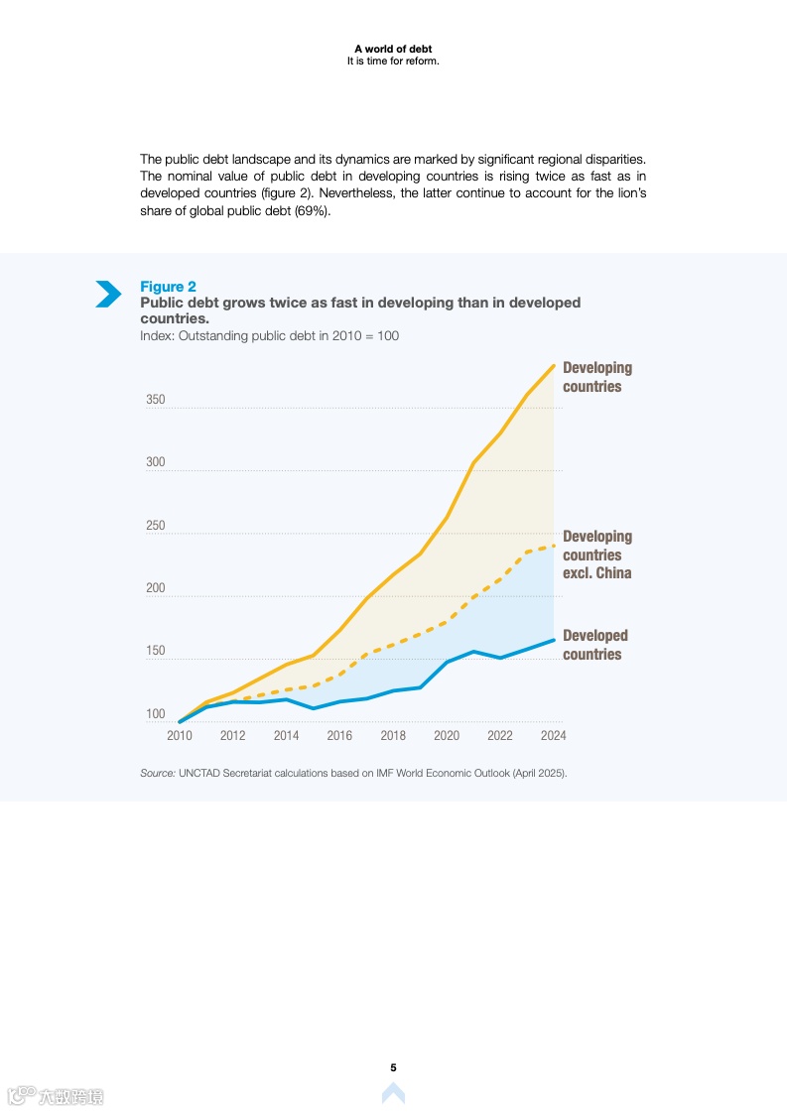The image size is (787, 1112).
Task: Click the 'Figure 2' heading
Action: click(x=168, y=287)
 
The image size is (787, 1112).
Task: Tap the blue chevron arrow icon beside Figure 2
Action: click(x=108, y=294)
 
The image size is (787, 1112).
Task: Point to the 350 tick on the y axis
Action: click(x=156, y=401)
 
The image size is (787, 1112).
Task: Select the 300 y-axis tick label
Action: click(x=156, y=463)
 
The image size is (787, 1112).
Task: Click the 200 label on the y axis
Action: click(x=156, y=589)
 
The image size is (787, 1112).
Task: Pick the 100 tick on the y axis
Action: click(x=156, y=715)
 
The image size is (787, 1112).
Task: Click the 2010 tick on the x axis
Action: click(x=180, y=736)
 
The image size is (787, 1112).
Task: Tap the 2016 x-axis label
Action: click(x=339, y=736)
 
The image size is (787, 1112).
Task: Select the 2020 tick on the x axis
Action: click(x=447, y=736)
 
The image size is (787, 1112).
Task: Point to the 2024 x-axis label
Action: click(x=553, y=736)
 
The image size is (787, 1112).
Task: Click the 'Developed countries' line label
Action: click(x=594, y=645)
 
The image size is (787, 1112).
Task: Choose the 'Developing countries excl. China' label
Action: click(x=596, y=555)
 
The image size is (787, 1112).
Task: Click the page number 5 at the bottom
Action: click(x=393, y=1067)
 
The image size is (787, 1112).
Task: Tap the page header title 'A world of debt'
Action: click(x=393, y=49)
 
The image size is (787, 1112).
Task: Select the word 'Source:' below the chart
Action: click(x=158, y=773)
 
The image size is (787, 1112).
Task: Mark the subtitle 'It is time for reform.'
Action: click(x=393, y=61)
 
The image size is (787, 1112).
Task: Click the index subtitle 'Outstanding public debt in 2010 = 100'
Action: click(x=288, y=336)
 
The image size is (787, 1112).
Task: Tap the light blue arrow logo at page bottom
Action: click(x=393, y=1093)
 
